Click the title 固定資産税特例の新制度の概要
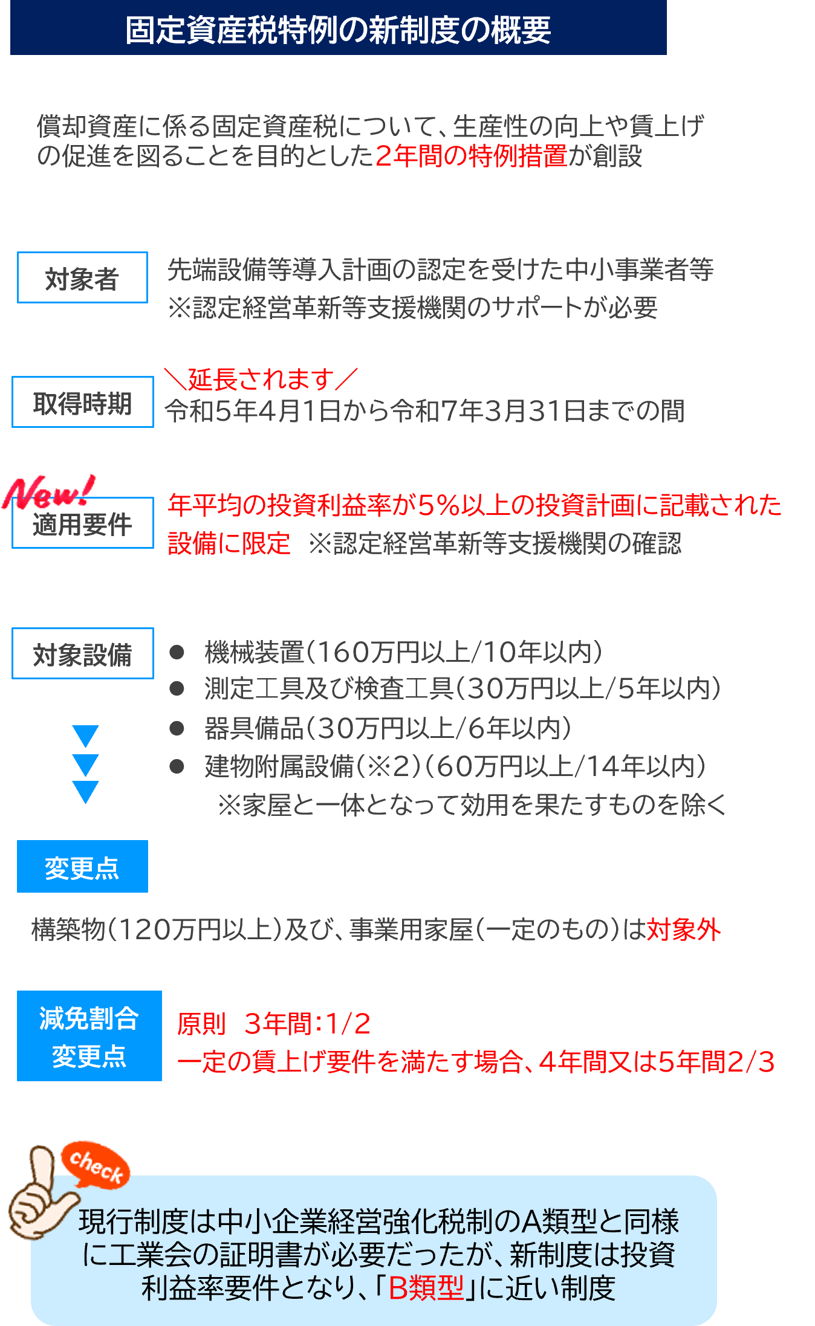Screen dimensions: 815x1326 click(338, 30)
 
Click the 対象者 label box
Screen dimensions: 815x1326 click(82, 277)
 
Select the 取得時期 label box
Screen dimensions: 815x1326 click(83, 402)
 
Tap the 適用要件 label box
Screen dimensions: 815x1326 click(83, 523)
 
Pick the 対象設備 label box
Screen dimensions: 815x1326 click(83, 653)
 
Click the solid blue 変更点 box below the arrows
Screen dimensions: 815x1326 click(82, 866)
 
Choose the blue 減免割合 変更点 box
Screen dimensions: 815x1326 click(89, 1036)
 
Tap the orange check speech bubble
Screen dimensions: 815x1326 click(96, 1165)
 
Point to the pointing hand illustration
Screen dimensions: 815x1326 click(37, 1194)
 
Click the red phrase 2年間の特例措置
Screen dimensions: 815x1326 click(472, 156)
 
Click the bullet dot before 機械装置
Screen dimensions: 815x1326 click(177, 652)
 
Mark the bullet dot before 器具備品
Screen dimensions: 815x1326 click(177, 728)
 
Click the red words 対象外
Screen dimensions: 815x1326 click(684, 930)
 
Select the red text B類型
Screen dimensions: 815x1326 click(426, 1287)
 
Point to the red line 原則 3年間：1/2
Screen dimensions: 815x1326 click(274, 1024)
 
